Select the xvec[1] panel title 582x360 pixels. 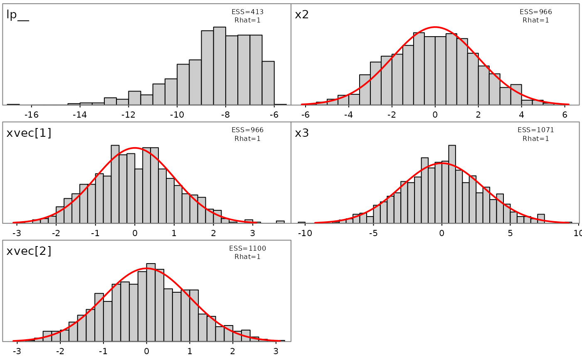tap(29, 133)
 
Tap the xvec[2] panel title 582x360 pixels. tap(29, 251)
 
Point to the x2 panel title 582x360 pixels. tap(302, 15)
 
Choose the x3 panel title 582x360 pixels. tap(302, 133)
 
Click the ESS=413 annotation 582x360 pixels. tap(247, 12)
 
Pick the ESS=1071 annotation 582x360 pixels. tap(536, 130)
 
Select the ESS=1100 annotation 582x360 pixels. tap(247, 249)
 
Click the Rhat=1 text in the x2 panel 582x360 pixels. tap(536, 20)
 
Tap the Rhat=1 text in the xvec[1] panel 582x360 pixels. tap(247, 138)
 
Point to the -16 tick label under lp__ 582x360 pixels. tap(31, 114)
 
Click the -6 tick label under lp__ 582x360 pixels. tap(274, 114)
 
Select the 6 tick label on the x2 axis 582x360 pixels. tap(565, 114)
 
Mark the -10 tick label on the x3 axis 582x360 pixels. tap(304, 233)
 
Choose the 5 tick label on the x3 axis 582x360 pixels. tap(510, 233)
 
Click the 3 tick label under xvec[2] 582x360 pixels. tap(276, 351)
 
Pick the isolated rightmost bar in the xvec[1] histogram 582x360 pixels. tap(280, 222)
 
